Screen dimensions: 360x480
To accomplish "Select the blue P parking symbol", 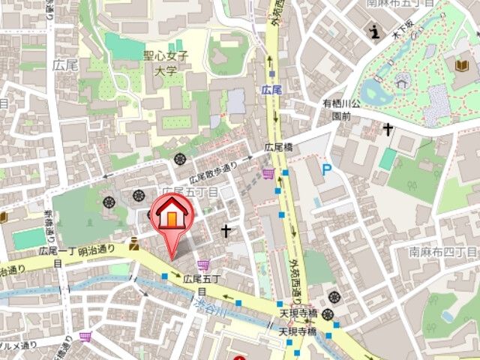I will coord(326,171).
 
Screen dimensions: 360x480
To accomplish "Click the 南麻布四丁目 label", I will coord(443,253).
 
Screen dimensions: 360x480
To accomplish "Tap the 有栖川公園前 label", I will coord(341,109).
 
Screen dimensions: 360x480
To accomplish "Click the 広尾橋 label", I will coord(278,147).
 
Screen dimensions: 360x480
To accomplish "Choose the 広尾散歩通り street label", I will coord(213,173).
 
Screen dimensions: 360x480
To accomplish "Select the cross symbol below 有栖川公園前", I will coord(387,130).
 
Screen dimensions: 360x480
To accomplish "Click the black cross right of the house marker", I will coord(225,230).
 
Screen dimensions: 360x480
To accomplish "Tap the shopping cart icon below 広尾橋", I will coord(268,175).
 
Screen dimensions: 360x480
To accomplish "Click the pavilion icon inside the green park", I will coord(402,78).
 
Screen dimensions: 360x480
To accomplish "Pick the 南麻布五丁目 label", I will coord(422,3).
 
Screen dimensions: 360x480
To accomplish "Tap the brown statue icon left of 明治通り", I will coord(133,243).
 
